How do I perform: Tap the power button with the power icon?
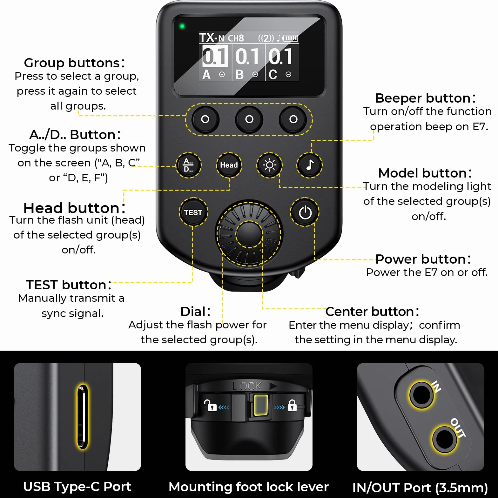pyautogui.click(x=305, y=212)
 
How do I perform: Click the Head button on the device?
pyautogui.click(x=229, y=165)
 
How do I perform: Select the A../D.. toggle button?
pyautogui.click(x=189, y=165)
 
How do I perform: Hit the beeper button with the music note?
pyautogui.click(x=309, y=165)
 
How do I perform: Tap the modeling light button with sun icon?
pyautogui.click(x=269, y=165)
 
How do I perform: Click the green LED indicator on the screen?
pyautogui.click(x=182, y=26)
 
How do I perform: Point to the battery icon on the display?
pyautogui.click(x=291, y=38)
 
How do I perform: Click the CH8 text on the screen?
pyautogui.click(x=236, y=38)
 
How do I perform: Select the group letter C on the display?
pyautogui.click(x=273, y=75)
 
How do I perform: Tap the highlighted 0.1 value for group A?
pyautogui.click(x=215, y=56)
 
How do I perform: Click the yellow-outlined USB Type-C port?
pyautogui.click(x=83, y=416)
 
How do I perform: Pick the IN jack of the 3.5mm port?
pyautogui.click(x=421, y=395)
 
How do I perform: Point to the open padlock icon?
pyautogui.click(x=210, y=405)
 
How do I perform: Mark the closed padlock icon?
pyautogui.click(x=292, y=405)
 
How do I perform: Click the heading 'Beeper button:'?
pyautogui.click(x=425, y=98)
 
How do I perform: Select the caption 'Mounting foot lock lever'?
pyautogui.click(x=249, y=487)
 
